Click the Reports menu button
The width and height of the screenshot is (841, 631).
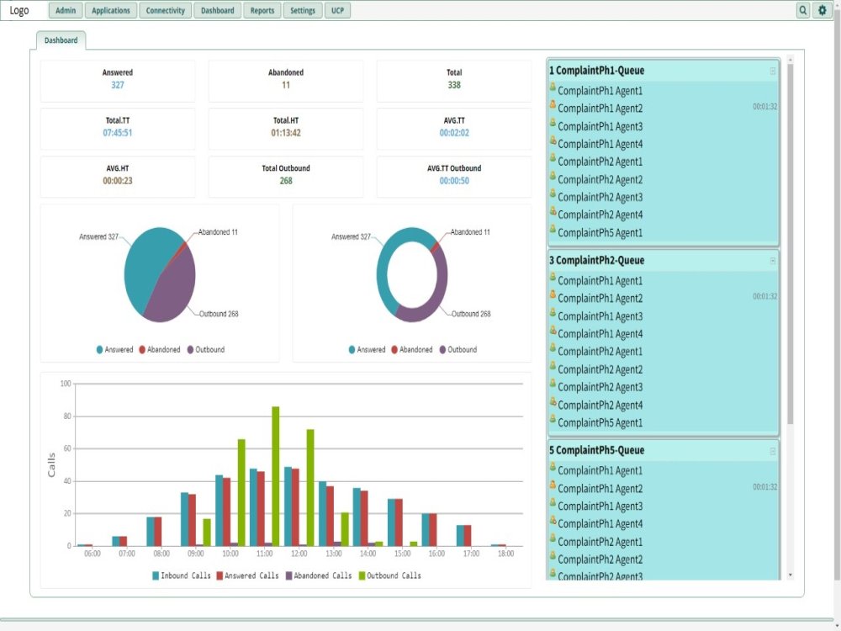click(262, 10)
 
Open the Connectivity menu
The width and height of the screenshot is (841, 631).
click(165, 10)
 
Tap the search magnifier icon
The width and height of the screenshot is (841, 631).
click(803, 10)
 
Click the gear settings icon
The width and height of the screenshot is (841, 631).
click(822, 10)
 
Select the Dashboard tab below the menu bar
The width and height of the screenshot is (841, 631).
click(61, 40)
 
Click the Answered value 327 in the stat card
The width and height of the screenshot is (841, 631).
click(118, 85)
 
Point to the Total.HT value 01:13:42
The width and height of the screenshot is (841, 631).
click(286, 133)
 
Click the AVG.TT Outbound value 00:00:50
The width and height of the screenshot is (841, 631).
click(454, 181)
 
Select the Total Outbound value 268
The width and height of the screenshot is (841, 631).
click(286, 181)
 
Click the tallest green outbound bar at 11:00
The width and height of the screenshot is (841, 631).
click(276, 476)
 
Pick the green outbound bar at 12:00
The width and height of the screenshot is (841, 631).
click(310, 487)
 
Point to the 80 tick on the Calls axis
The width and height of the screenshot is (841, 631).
click(67, 416)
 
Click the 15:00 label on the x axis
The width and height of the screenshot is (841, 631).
click(402, 554)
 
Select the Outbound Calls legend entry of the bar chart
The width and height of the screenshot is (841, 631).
click(390, 575)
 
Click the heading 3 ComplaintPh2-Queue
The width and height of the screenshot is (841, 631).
click(596, 260)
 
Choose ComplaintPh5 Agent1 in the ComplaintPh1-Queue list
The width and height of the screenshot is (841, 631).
click(600, 233)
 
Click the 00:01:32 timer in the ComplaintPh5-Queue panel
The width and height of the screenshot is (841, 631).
click(764, 487)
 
